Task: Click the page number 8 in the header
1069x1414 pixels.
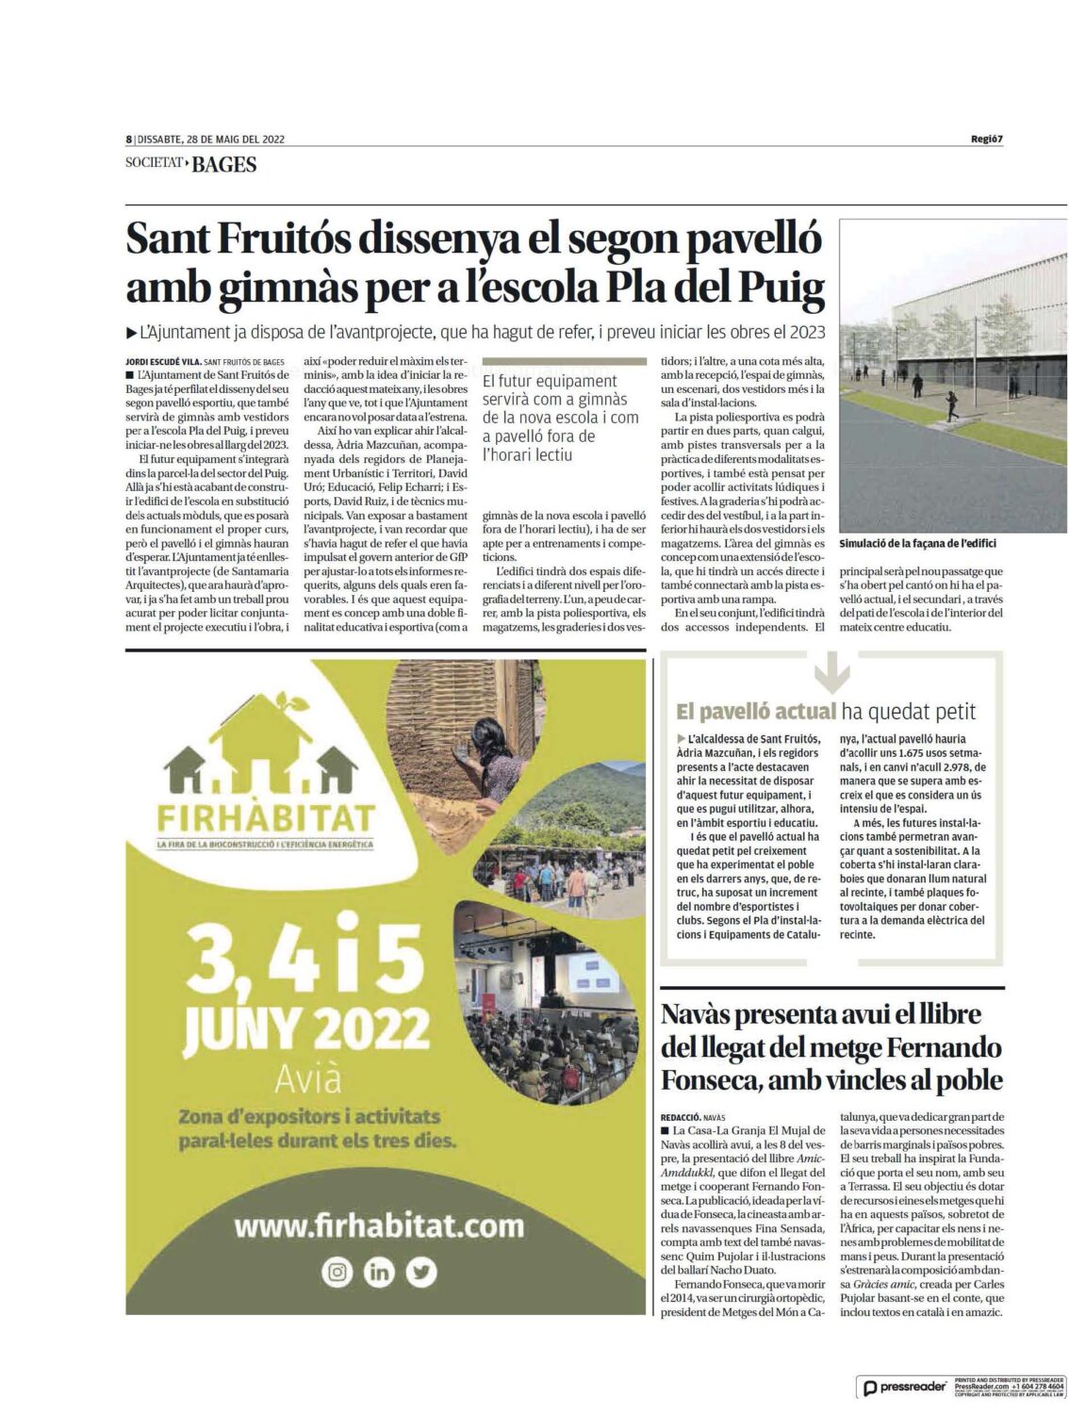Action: tap(128, 139)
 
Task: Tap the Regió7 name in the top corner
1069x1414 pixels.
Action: tap(986, 140)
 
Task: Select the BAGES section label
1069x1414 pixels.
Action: tap(223, 165)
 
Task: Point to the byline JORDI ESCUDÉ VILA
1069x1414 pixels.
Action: tap(161, 361)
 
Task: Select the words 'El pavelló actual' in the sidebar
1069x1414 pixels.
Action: tap(756, 712)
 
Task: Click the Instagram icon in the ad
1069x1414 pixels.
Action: tap(336, 1273)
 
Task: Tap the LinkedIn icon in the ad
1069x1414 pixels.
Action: tap(379, 1273)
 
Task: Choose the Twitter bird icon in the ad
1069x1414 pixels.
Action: tap(421, 1273)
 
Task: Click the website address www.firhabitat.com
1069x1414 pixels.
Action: tap(378, 1225)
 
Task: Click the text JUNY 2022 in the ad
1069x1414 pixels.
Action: tap(306, 1033)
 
